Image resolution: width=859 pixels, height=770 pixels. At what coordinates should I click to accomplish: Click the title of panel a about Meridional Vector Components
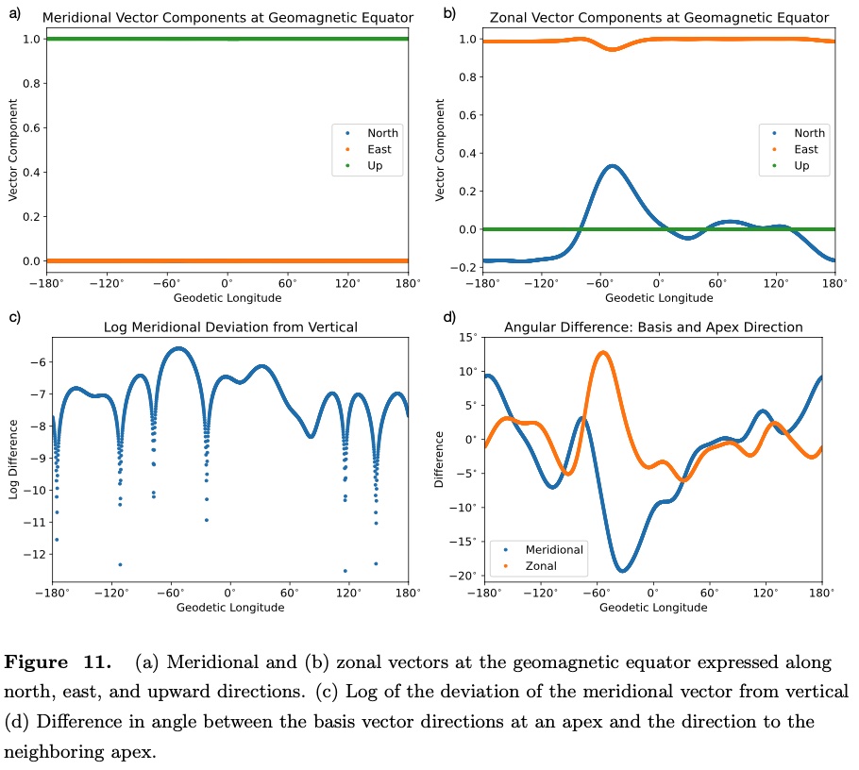(x=227, y=18)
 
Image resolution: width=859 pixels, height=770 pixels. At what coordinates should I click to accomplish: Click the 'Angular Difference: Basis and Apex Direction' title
(x=653, y=327)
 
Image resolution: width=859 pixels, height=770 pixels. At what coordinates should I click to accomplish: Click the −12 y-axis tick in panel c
(x=32, y=554)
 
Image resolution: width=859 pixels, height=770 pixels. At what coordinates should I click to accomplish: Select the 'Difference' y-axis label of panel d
(x=439, y=460)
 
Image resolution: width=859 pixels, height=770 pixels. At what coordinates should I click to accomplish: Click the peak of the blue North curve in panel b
(x=613, y=166)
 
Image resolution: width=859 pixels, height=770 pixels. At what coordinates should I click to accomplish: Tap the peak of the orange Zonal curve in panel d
(x=602, y=353)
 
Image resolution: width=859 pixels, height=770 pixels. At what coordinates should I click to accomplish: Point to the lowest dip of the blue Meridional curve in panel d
(x=623, y=570)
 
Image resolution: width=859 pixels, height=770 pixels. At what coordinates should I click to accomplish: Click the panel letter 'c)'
(x=15, y=317)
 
